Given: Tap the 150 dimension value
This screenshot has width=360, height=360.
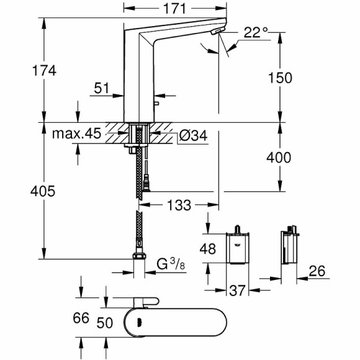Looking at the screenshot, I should (x=279, y=78).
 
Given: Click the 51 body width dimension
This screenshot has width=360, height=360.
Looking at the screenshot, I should (x=102, y=89).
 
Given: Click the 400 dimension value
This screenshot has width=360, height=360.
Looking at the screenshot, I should (x=279, y=158).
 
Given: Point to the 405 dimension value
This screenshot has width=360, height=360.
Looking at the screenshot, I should (x=43, y=191).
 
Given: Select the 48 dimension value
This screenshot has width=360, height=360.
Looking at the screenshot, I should (x=209, y=250).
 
